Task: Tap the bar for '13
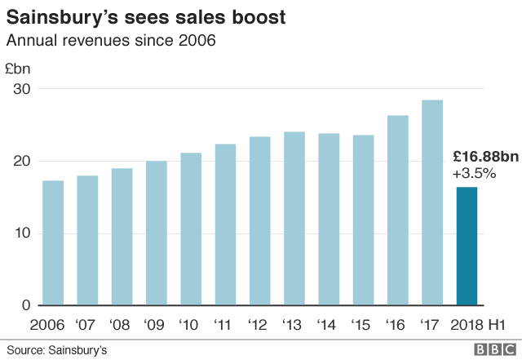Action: click(x=294, y=218)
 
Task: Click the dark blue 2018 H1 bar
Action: click(x=467, y=246)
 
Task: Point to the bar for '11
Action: click(x=225, y=224)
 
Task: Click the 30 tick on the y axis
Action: click(x=22, y=89)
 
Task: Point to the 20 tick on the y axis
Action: click(x=22, y=161)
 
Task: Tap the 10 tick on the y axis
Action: click(x=22, y=233)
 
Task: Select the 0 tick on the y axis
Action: click(x=26, y=304)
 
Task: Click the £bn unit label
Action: click(x=18, y=69)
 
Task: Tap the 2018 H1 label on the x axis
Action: click(x=478, y=324)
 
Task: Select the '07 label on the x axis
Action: click(x=87, y=324)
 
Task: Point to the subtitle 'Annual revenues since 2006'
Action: click(x=111, y=41)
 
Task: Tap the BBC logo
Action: click(x=492, y=349)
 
